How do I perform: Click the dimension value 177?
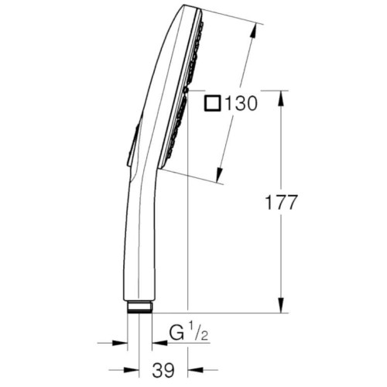pos(282,202)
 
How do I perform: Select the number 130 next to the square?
pos(241,104)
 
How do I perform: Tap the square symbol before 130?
pos(213,104)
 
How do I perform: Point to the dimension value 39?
pos(163,370)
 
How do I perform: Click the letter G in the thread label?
pos(176,334)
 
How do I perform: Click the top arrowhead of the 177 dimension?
pos(281,98)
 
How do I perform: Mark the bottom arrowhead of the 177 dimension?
pos(281,305)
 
